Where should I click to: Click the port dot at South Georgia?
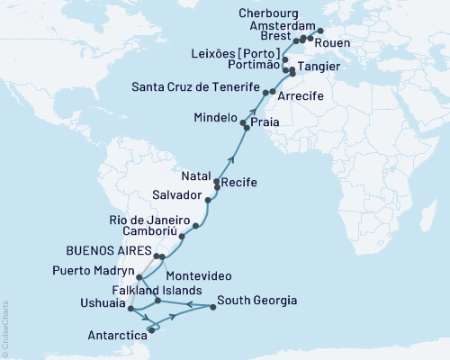point(213,308)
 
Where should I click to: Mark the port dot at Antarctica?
point(151,331)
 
